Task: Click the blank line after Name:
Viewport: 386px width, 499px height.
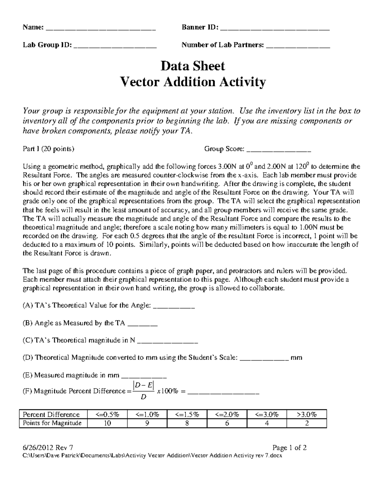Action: click(101, 28)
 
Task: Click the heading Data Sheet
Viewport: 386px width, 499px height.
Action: click(193, 66)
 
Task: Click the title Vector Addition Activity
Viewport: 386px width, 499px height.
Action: click(193, 82)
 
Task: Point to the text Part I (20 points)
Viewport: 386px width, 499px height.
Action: click(48, 149)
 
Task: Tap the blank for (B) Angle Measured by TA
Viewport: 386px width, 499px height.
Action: click(142, 324)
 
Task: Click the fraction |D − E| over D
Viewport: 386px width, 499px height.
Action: click(143, 391)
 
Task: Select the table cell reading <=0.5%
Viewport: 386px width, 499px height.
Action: click(107, 414)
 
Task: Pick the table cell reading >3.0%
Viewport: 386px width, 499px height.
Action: click(307, 414)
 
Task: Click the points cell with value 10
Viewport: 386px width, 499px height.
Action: click(107, 423)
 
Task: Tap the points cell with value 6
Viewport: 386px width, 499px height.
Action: click(227, 423)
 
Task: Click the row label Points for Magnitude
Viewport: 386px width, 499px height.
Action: click(52, 423)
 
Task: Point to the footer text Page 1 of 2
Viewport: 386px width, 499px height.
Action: click(289, 448)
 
